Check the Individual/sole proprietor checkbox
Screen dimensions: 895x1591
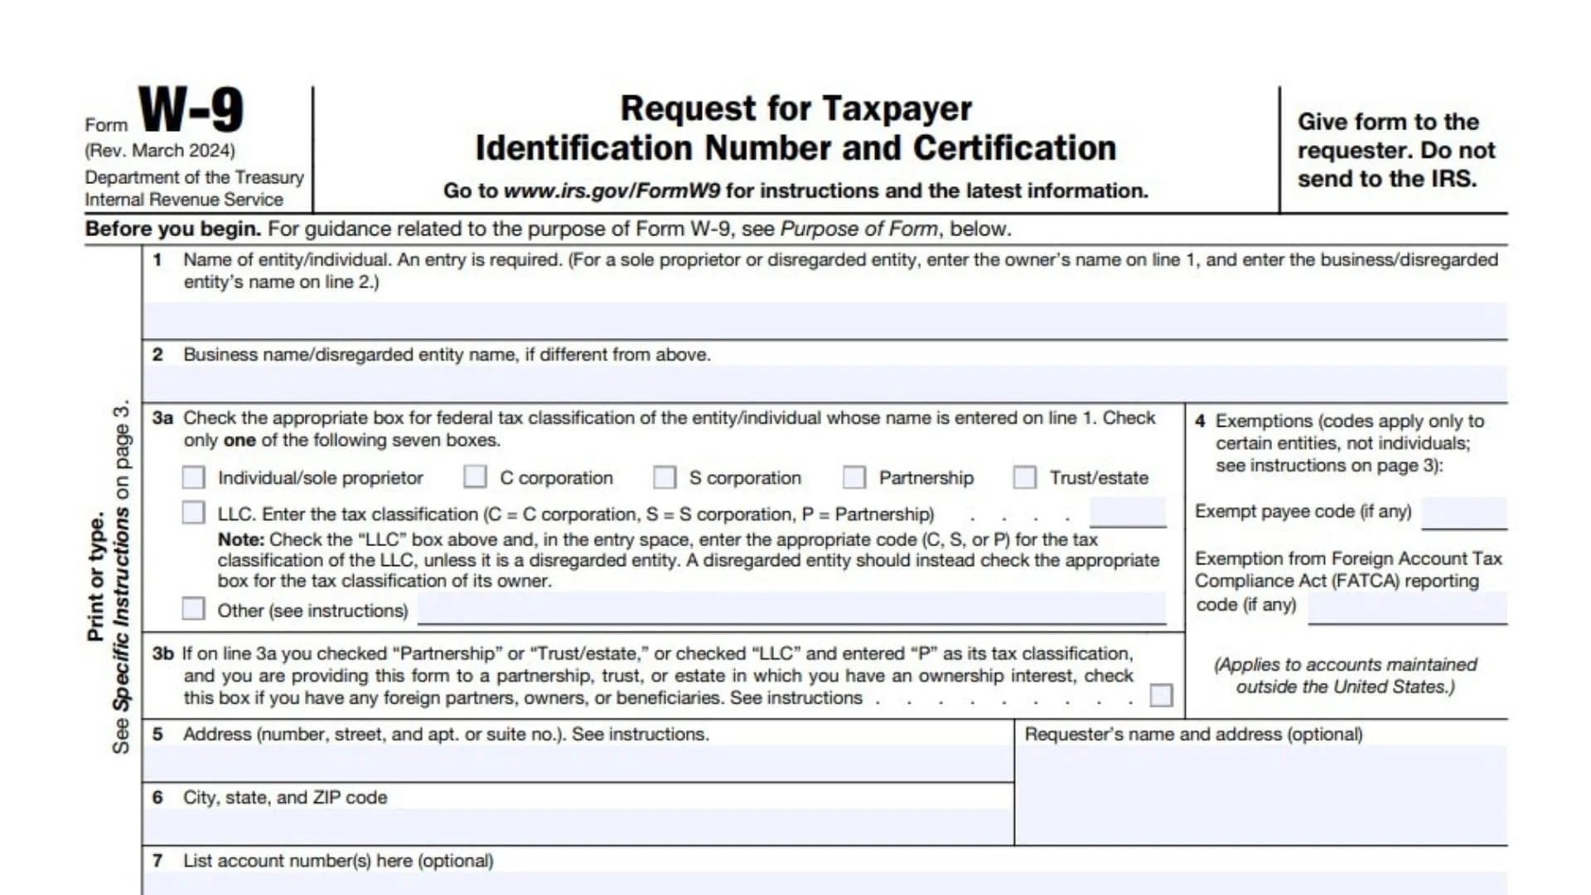point(193,477)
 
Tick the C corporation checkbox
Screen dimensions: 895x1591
point(475,477)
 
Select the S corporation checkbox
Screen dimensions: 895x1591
point(665,477)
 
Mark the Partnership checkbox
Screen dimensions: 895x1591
point(854,477)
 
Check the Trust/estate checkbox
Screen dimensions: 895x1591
point(1025,477)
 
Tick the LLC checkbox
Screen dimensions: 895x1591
point(193,513)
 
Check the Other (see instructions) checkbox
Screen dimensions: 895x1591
point(193,609)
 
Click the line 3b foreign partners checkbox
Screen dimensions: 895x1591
point(1162,695)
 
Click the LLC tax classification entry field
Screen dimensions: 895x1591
point(1128,512)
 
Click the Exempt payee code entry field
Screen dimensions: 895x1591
point(1464,512)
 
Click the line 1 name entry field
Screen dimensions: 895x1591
point(825,320)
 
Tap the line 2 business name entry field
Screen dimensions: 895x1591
point(825,384)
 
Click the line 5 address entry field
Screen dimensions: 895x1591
point(578,762)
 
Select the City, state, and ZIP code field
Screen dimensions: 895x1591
point(578,826)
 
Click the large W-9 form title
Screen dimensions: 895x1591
point(191,110)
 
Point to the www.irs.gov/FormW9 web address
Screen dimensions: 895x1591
point(612,191)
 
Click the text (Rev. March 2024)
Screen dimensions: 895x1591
point(160,151)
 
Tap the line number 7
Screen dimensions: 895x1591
point(157,861)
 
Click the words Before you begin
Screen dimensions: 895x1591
point(173,230)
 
